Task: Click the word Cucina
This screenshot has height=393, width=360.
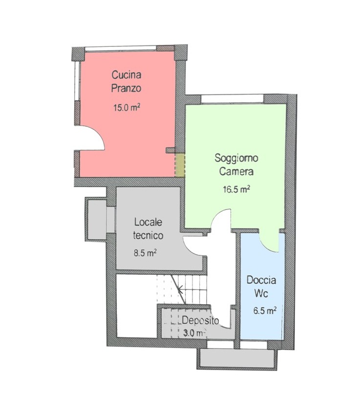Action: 127,75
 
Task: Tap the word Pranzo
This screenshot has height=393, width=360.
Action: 127,88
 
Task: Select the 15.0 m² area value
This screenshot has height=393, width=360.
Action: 127,108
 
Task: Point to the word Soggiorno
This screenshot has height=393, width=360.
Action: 236,158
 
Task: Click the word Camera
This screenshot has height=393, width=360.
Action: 236,172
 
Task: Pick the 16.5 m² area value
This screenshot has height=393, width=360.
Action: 236,189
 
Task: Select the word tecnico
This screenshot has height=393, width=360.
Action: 148,236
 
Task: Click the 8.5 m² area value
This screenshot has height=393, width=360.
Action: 145,253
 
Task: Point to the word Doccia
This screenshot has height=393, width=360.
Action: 261,280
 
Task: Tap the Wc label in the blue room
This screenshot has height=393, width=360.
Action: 261,293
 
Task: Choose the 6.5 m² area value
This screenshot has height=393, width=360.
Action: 265,311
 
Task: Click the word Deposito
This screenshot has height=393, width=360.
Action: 200,321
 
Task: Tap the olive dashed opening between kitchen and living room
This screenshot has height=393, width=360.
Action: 180,165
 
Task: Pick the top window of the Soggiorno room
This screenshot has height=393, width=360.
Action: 232,99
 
